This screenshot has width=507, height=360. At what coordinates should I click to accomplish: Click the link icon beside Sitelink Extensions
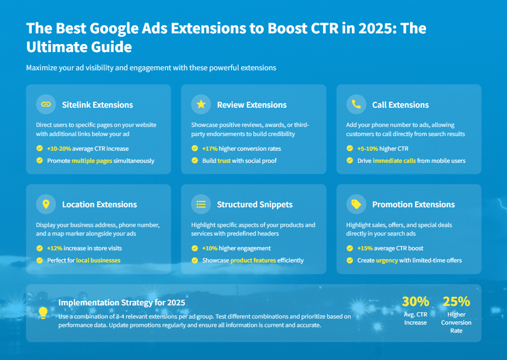[x=46, y=105]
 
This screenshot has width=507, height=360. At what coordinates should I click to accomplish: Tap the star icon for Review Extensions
[x=201, y=105]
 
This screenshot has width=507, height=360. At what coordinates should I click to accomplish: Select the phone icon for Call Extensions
[x=356, y=105]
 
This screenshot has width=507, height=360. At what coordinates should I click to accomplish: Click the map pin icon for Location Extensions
[x=46, y=204]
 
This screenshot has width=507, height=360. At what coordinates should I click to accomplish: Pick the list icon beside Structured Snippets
[x=201, y=204]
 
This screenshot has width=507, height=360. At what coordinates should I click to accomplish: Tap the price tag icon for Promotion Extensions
[x=356, y=204]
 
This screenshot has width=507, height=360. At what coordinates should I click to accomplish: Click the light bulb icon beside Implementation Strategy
[x=43, y=313]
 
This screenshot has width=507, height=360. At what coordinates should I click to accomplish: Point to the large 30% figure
[x=416, y=301]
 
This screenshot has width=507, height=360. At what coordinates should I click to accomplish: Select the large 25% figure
[x=456, y=301]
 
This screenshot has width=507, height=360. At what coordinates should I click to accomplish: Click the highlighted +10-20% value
[x=59, y=149]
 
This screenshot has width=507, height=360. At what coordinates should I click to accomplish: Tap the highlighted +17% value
[x=210, y=149]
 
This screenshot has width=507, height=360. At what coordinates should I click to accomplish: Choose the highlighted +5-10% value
[x=367, y=149]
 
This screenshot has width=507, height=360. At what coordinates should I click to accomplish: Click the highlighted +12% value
[x=55, y=248]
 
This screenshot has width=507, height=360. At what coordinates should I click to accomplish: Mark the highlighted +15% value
[x=365, y=248]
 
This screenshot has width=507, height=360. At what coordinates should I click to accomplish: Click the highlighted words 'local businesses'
[x=98, y=260]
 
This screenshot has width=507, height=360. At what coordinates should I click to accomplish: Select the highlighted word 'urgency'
[x=387, y=260]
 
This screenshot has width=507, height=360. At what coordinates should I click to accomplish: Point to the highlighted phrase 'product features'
[x=253, y=260]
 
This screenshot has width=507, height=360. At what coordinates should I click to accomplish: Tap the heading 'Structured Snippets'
[x=255, y=204]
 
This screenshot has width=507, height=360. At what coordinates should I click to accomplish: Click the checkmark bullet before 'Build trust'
[x=195, y=161]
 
